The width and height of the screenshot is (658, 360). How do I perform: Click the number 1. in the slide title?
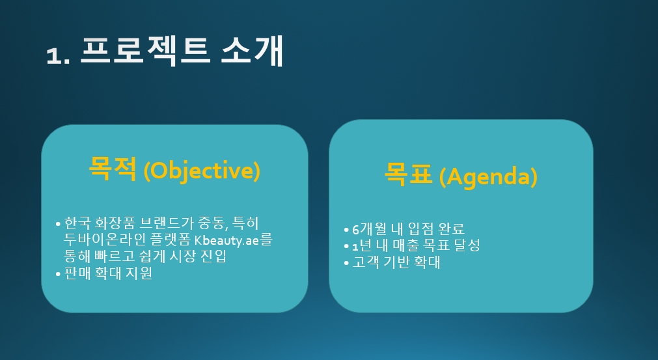click(58, 55)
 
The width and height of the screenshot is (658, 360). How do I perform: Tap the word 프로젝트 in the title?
click(145, 51)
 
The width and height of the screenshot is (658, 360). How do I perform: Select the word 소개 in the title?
click(253, 51)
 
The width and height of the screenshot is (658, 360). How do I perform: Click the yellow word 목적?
click(113, 168)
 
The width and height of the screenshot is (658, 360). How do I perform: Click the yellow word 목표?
click(408, 174)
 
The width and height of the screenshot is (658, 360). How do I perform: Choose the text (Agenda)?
click(488, 177)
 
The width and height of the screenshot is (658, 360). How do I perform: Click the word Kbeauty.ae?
click(226, 240)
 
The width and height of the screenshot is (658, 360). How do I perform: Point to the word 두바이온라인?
click(105, 240)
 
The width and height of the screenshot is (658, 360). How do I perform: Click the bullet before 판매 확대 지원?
click(58, 275)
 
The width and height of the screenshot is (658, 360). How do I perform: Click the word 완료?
click(451, 228)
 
